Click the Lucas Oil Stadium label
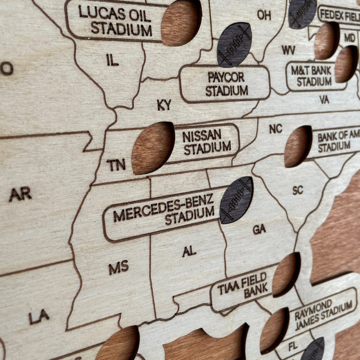[115, 20]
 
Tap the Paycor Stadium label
[226, 84]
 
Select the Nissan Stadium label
[207, 141]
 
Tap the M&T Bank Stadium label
[315, 76]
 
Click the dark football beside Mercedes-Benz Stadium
[236, 200]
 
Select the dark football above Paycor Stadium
[234, 44]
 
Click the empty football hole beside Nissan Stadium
[153, 148]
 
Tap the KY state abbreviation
[164, 105]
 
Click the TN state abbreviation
[116, 165]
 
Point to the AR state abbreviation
[20, 194]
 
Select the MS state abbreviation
[118, 267]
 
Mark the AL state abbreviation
[189, 251]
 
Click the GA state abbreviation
[259, 229]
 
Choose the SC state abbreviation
[297, 190]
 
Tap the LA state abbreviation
[39, 316]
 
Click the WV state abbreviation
[288, 50]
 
